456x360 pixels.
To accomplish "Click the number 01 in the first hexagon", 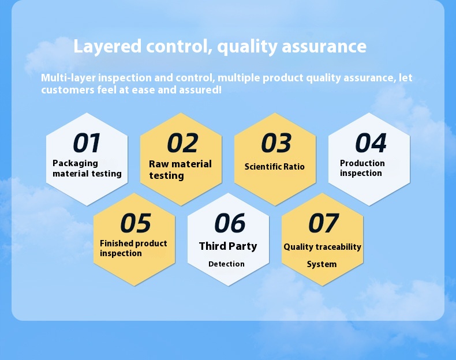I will (87, 144).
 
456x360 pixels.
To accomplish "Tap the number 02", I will (182, 144).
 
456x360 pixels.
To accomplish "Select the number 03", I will (276, 144).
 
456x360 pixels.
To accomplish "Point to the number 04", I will (370, 144).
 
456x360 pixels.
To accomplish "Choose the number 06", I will (229, 224).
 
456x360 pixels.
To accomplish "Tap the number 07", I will (323, 224).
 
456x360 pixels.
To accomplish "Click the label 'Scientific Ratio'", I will (274, 167).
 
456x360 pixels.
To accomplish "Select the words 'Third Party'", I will (228, 246).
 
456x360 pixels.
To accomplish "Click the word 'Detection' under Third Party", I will (226, 264).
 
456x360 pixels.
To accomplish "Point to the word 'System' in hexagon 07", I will (322, 264).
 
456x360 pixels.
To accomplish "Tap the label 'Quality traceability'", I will (322, 247).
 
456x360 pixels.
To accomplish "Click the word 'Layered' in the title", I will (107, 47).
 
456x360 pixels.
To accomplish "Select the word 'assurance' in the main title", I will (324, 47).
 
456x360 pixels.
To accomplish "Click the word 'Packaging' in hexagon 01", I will (75, 163).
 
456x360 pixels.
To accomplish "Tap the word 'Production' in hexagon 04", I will (362, 163).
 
